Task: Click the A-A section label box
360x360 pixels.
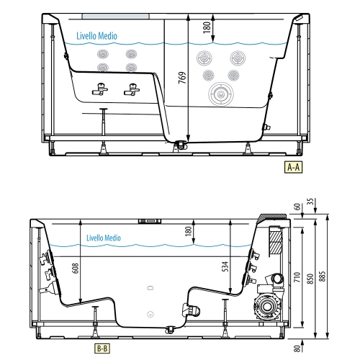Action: [293, 167]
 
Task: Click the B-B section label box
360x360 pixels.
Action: [102, 348]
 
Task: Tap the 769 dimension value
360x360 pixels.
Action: [182, 78]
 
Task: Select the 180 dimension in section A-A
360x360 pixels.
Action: [207, 27]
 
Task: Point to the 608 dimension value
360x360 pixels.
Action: [76, 268]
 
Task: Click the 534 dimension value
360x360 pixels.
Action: [225, 266]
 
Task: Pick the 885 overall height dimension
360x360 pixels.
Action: [323, 276]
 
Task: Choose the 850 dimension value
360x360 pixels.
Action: [310, 279]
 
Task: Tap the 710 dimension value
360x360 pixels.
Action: [297, 277]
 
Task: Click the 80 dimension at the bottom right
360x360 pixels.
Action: [297, 348]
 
